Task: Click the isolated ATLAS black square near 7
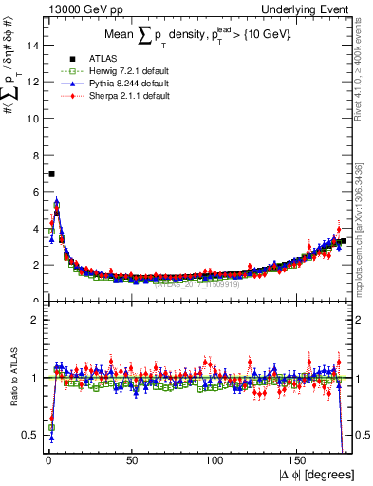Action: pyautogui.click(x=51, y=174)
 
